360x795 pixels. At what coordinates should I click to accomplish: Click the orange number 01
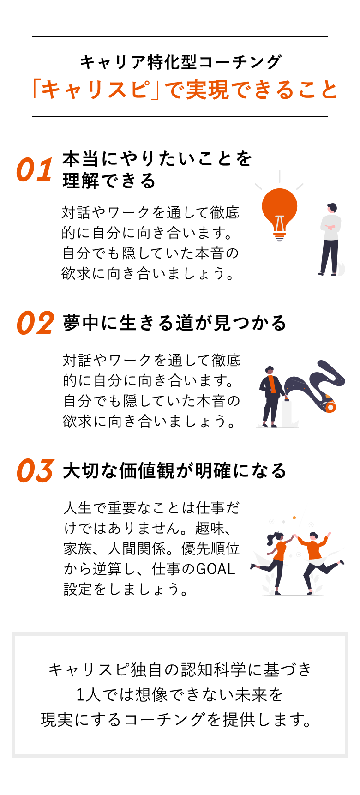coord(35,170)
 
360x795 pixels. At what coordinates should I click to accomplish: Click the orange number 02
coord(36,323)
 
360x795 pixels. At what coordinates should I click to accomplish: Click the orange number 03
coord(36,471)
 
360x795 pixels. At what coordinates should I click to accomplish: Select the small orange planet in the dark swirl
coord(330,407)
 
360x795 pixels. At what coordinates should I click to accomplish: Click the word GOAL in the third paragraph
coord(216,569)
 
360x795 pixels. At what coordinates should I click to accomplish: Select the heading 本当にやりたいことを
coord(157,159)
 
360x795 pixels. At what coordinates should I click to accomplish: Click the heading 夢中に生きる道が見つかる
coord(174,323)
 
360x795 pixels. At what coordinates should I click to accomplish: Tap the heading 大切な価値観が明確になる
coord(174,471)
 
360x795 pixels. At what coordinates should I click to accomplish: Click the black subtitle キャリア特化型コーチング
coord(180,62)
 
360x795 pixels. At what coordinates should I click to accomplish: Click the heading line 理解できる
coord(109,181)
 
